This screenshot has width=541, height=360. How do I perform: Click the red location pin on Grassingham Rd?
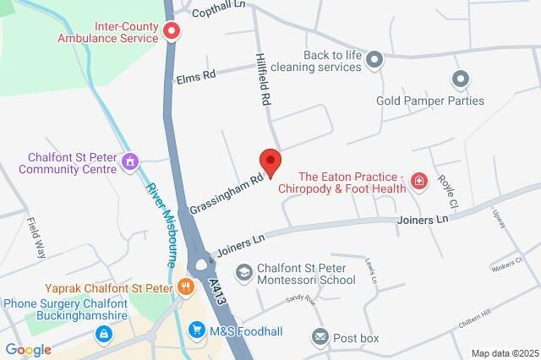pyautogui.click(x=270, y=161)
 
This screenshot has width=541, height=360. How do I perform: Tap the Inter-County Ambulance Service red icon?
pyautogui.click(x=172, y=32)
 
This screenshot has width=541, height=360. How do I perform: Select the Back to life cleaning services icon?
pyautogui.click(x=375, y=58)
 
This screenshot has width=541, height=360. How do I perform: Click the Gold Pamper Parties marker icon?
pyautogui.click(x=461, y=80)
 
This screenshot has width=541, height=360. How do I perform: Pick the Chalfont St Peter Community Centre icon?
pyautogui.click(x=130, y=161)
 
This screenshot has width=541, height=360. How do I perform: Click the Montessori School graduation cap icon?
pyautogui.click(x=243, y=272)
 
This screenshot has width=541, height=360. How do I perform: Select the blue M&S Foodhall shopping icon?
pyautogui.click(x=197, y=329)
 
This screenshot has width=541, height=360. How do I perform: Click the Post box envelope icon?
pyautogui.click(x=320, y=338)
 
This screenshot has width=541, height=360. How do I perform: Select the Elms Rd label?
pyautogui.click(x=197, y=75)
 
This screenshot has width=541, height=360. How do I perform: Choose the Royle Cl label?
pyautogui.click(x=447, y=194)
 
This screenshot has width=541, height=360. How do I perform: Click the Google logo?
pyautogui.click(x=28, y=350)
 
